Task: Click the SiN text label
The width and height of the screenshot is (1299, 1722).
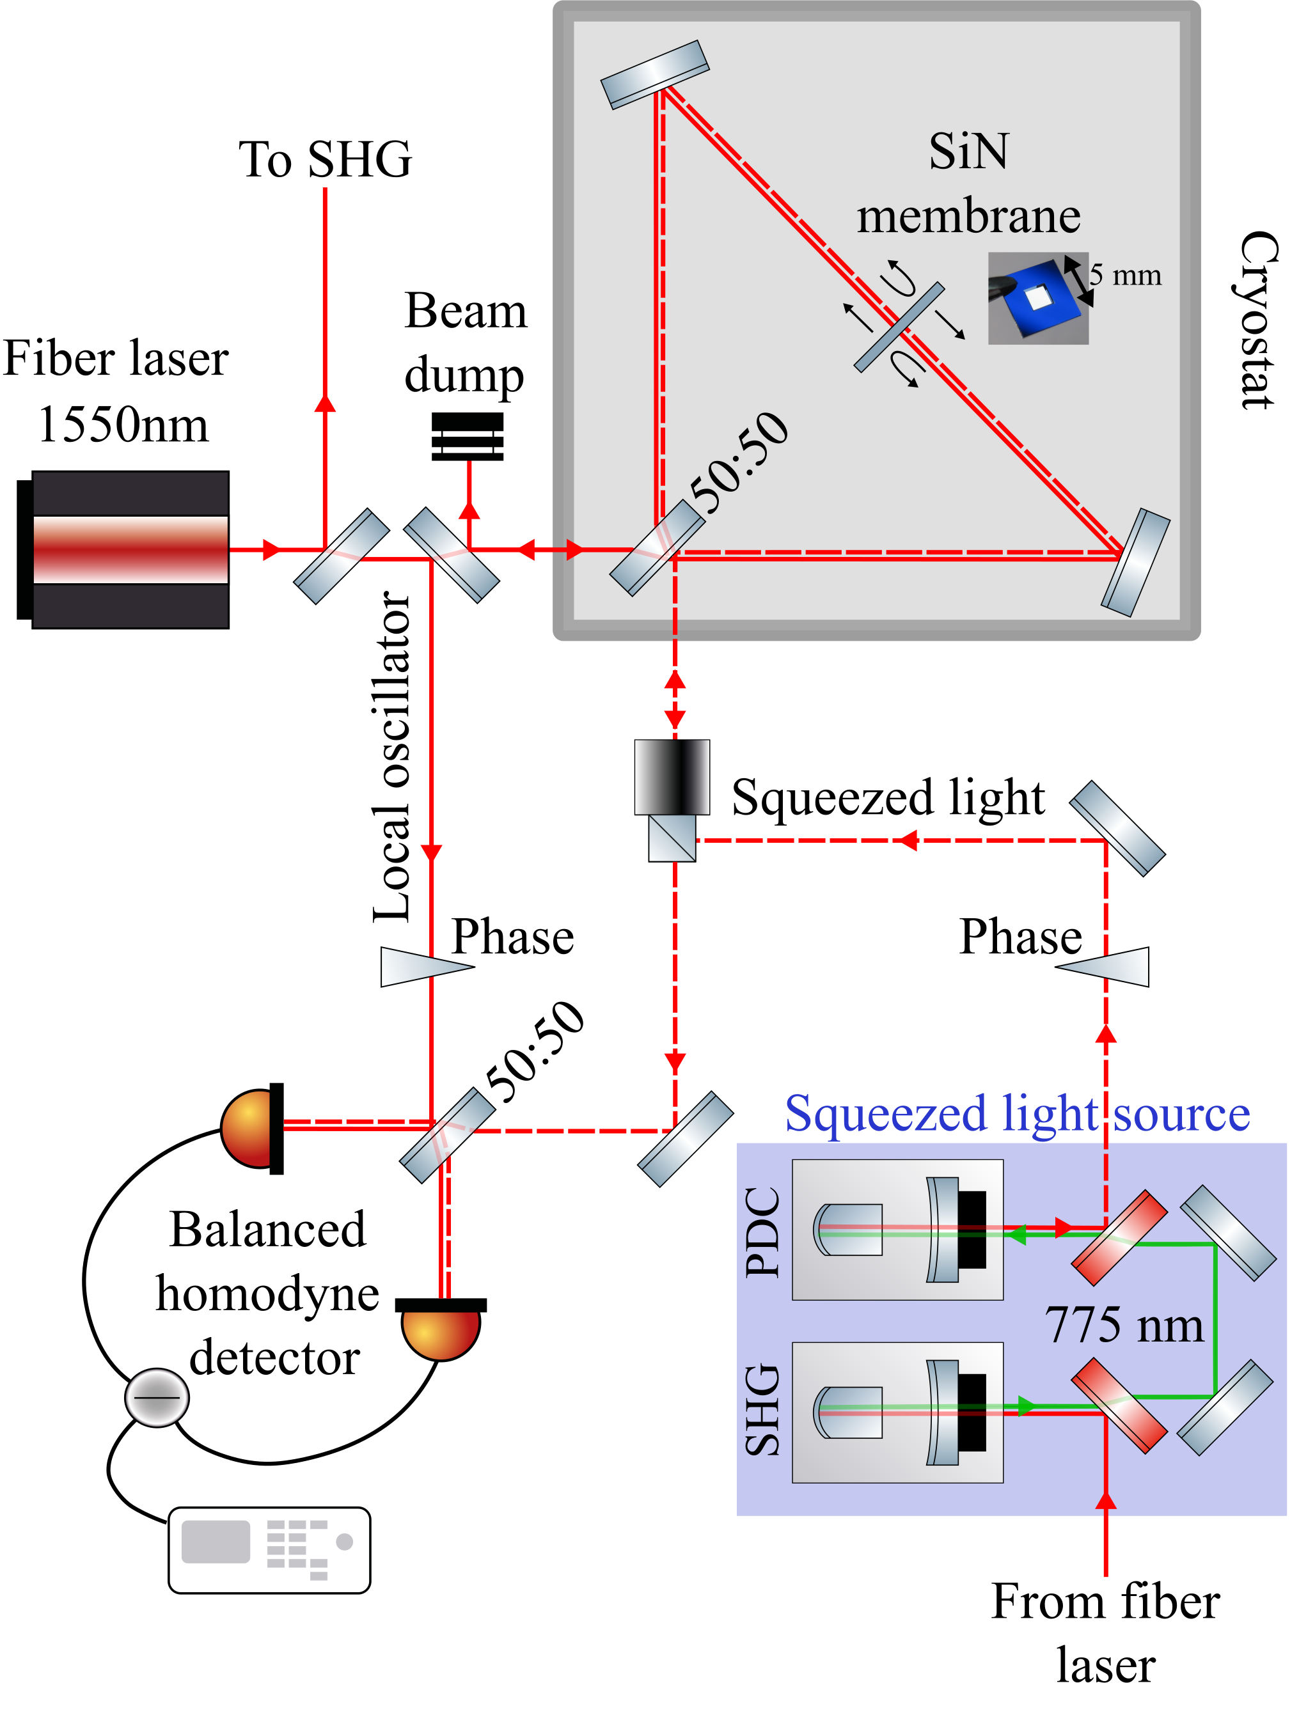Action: tap(968, 151)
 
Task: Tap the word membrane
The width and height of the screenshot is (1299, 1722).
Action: tap(968, 216)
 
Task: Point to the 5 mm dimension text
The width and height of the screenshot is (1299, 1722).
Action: tap(1124, 275)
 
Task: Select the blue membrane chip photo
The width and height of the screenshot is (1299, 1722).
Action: tap(1037, 298)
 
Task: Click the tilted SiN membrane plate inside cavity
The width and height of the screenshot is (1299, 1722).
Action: tap(899, 327)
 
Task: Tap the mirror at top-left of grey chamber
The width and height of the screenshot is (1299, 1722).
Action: tap(654, 75)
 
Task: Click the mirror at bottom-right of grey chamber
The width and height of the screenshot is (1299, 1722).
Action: tap(1135, 562)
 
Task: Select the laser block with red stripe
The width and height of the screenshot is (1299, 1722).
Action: tap(130, 550)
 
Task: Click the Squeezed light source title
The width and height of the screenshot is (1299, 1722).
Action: tap(1016, 1113)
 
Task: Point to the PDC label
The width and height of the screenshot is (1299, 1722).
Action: tap(762, 1232)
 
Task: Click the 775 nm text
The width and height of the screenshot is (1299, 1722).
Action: tap(1123, 1325)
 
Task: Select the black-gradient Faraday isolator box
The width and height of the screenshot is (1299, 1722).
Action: tap(672, 776)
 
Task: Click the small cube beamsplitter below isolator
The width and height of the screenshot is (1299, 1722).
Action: tap(672, 838)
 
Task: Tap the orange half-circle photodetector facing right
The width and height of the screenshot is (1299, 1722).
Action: tap(248, 1128)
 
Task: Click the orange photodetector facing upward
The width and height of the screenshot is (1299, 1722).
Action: tap(441, 1333)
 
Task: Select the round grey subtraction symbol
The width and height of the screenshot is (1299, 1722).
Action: tap(157, 1397)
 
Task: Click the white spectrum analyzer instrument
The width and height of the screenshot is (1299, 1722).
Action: tap(269, 1550)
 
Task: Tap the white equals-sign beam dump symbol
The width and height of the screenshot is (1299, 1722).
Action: tap(468, 441)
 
